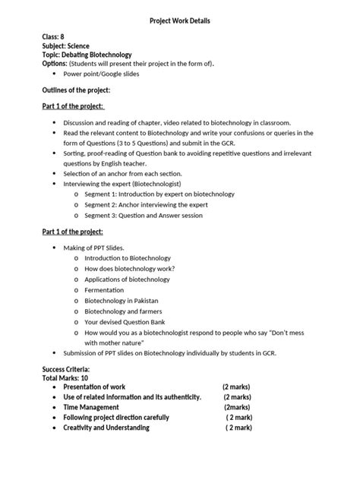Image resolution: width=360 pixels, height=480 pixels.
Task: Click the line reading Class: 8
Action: point(58,36)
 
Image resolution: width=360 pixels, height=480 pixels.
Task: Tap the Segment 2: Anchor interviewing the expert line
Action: point(145,204)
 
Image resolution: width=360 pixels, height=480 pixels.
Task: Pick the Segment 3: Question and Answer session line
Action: point(143,215)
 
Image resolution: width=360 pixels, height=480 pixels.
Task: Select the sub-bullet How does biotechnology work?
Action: point(130,269)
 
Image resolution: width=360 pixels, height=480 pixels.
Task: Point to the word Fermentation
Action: point(106,290)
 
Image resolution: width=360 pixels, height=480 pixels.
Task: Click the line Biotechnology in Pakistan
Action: point(122,301)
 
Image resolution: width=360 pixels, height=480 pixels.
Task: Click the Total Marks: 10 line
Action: point(65,377)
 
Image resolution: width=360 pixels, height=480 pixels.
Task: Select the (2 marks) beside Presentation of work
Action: point(236,387)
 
